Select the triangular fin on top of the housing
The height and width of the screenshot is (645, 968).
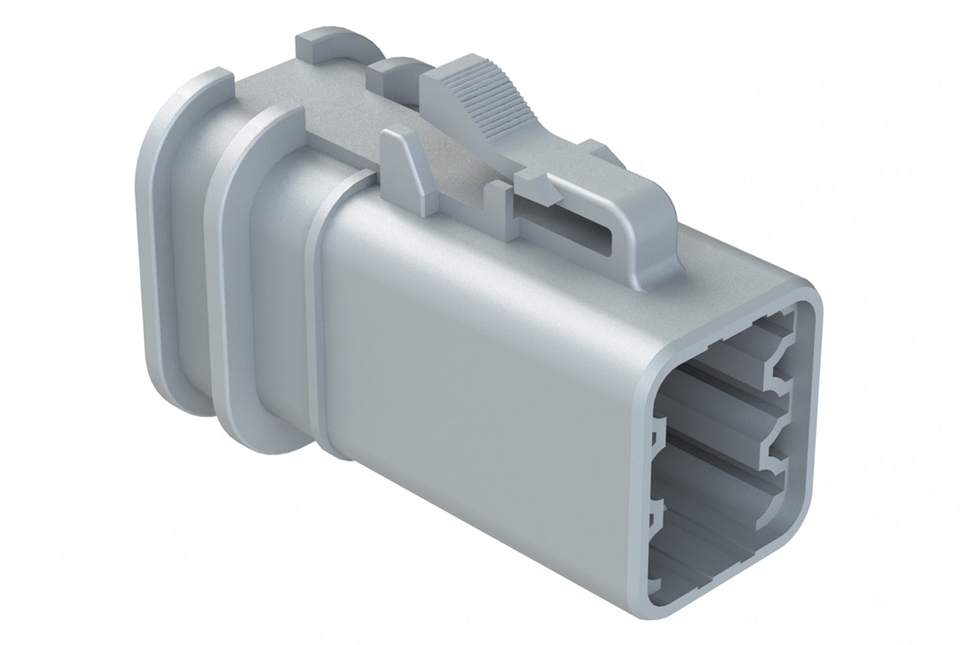(409, 161)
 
